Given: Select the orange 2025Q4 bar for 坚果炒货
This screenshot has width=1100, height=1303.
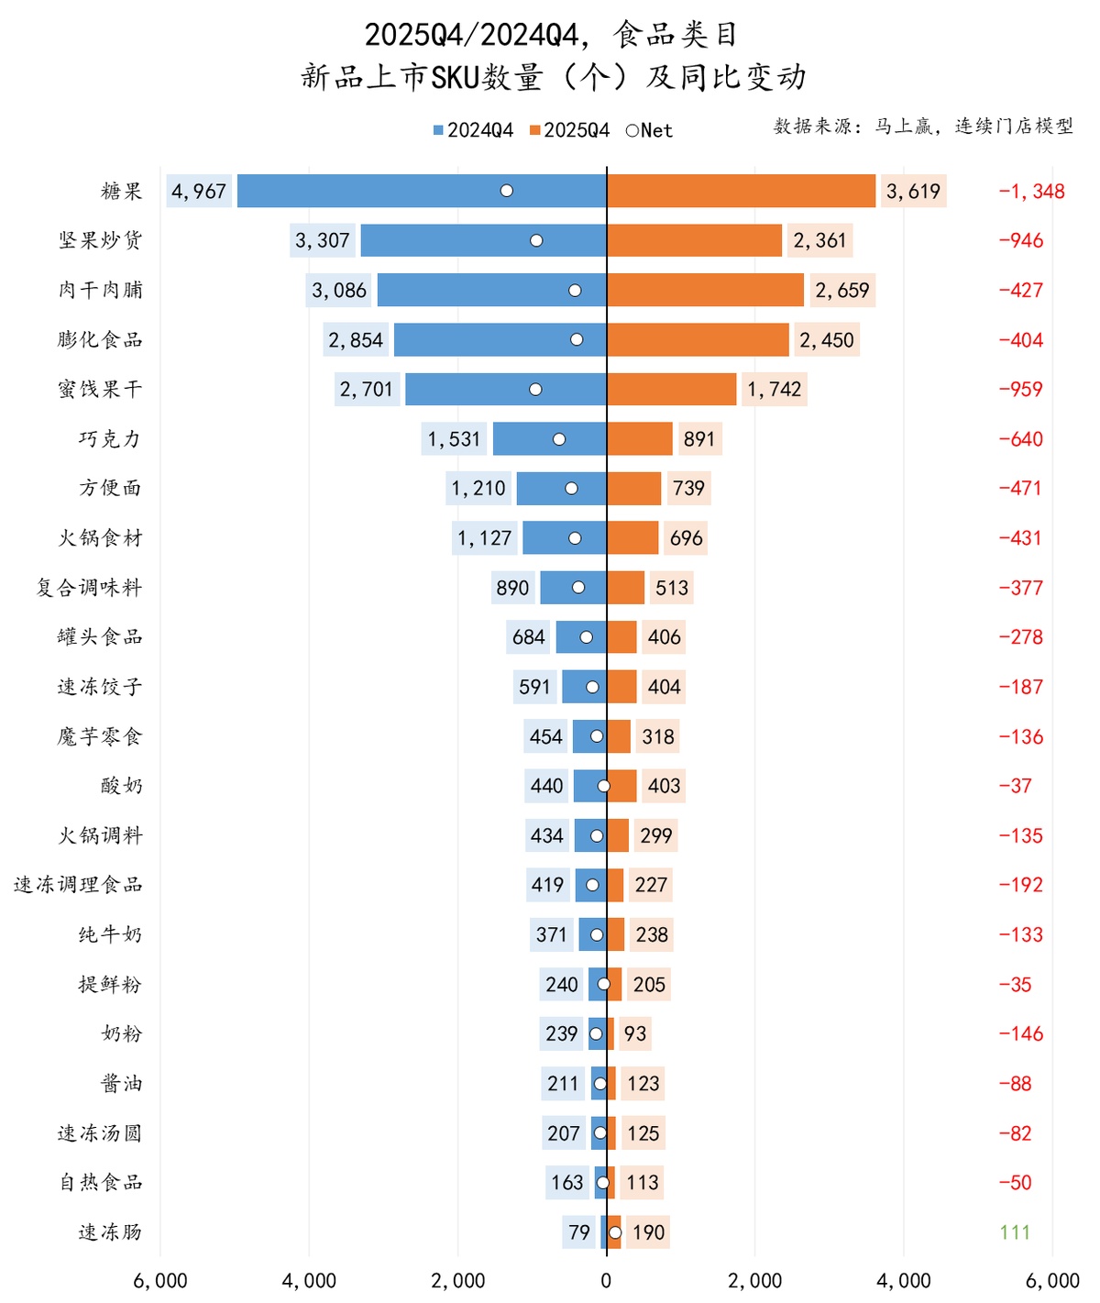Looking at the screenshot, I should (694, 240).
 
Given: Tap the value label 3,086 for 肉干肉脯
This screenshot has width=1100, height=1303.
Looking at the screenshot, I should (339, 291).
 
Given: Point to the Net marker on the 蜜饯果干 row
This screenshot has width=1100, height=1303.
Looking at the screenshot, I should (535, 390).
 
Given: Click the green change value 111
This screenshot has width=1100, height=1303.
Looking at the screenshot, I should (1015, 1232).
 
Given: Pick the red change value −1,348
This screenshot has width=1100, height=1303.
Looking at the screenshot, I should (1031, 192).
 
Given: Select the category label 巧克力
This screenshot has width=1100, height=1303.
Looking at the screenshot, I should (110, 439).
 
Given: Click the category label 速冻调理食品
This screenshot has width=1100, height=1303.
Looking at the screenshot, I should (78, 885).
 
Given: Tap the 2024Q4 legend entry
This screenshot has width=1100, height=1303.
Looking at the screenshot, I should (473, 130).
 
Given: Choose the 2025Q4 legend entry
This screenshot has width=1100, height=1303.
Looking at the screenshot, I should (569, 130).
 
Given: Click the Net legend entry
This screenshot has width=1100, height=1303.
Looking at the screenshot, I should (649, 130).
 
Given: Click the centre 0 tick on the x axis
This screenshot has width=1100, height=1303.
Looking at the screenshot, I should (606, 1281).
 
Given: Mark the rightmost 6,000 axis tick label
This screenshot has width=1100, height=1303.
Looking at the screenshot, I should (1051, 1281).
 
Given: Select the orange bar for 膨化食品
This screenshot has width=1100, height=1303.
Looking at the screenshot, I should (698, 339).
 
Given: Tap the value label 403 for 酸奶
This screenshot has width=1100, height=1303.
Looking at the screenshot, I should (664, 786).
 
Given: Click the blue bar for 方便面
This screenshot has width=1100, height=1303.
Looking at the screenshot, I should (561, 489).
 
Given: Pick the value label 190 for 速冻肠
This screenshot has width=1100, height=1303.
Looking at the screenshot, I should (648, 1232).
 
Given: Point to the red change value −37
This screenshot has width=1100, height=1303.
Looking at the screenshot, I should (1015, 786).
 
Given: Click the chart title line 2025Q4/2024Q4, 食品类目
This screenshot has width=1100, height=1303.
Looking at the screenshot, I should (551, 35).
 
